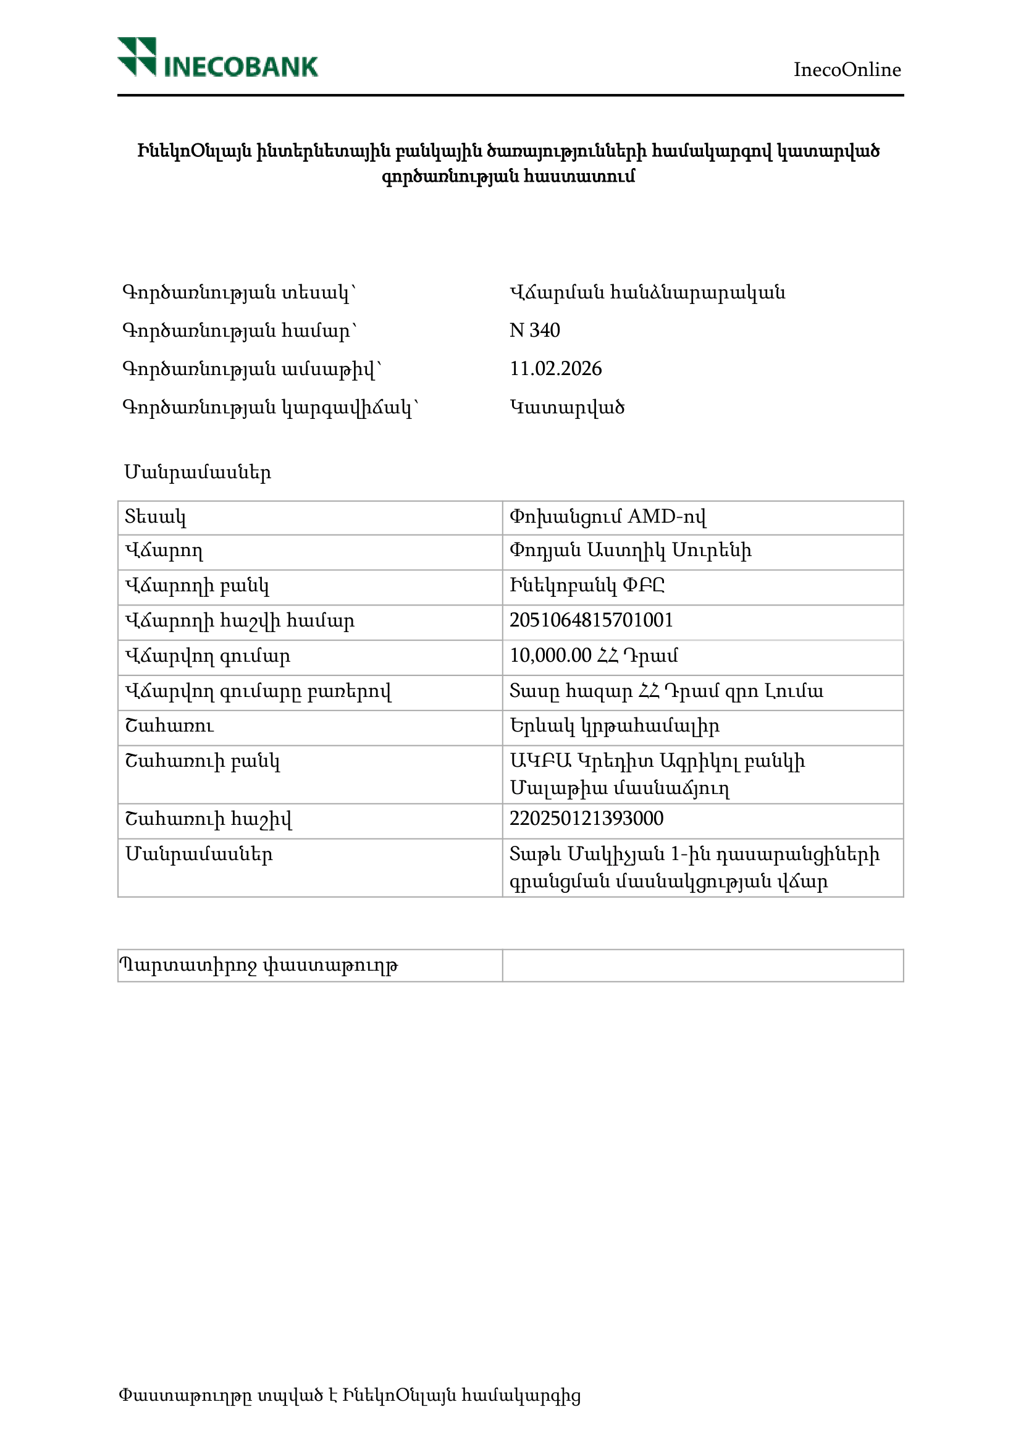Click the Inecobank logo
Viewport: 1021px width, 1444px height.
[x=217, y=57]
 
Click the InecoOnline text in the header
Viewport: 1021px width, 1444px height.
[x=846, y=70]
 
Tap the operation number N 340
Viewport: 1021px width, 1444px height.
[x=534, y=330]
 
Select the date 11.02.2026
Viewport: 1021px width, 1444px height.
[x=555, y=368]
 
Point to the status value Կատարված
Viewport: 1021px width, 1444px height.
[x=566, y=408]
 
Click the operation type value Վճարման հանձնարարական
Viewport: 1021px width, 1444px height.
[x=647, y=292]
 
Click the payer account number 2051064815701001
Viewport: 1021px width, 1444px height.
[x=591, y=621]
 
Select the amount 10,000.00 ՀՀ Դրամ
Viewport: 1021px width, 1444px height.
[x=594, y=656]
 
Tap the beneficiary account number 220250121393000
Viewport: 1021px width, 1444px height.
[x=586, y=819]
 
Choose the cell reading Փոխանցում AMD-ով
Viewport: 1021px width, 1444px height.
[x=607, y=517]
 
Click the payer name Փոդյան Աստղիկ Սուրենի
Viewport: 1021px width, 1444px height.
[x=630, y=551]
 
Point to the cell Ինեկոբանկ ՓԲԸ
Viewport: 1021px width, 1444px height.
[x=587, y=586]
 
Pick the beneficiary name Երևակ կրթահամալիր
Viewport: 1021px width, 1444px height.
[x=614, y=727]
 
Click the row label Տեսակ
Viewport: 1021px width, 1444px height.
[x=155, y=517]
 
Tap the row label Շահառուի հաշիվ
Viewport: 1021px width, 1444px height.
[x=208, y=819]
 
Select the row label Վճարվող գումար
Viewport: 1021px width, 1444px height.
[x=208, y=657]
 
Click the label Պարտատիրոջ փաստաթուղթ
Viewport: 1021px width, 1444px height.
[x=258, y=965]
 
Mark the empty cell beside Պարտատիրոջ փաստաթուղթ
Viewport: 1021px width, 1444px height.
[x=702, y=965]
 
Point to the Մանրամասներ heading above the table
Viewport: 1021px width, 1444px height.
[x=198, y=472]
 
